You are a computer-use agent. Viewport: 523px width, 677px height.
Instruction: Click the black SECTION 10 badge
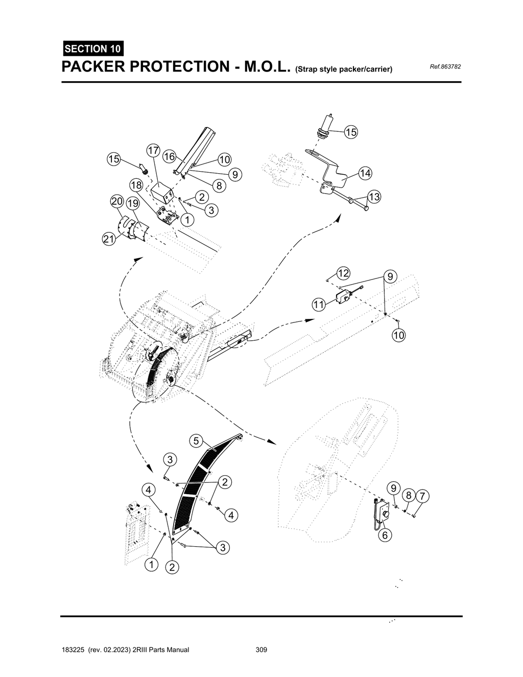92,49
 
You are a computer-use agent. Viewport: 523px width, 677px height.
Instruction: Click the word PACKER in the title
95,67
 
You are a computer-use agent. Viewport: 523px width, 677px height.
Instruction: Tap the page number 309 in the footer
261,650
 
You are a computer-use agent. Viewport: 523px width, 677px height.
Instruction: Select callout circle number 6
385,535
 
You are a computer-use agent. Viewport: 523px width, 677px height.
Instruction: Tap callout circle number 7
422,496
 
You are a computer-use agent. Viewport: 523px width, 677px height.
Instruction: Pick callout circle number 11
319,305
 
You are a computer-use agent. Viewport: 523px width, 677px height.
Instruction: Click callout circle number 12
343,273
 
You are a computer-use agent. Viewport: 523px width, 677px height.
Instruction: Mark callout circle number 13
374,197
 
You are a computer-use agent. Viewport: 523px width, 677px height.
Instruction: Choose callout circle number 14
365,173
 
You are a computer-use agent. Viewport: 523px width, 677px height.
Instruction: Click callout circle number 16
169,156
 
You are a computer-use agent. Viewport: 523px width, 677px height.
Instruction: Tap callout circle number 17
153,150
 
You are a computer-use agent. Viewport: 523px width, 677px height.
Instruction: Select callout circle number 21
108,239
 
